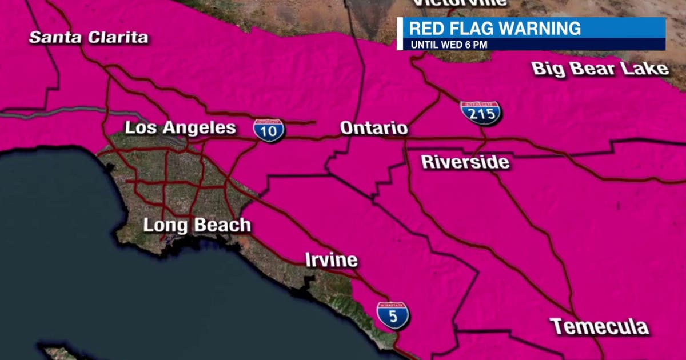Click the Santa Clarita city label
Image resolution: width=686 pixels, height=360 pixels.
tap(89, 38)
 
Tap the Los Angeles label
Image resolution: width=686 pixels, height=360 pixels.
tap(180, 127)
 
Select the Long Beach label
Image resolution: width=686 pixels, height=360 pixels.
tap(197, 225)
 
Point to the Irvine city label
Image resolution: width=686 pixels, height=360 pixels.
tap(331, 261)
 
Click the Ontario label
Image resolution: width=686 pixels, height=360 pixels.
tap(374, 128)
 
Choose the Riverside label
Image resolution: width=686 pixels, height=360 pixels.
tap(465, 162)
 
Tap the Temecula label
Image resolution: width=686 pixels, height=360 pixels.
tap(599, 327)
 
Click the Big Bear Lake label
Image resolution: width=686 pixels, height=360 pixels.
tap(600, 69)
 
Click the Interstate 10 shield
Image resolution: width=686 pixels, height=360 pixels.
tap(269, 130)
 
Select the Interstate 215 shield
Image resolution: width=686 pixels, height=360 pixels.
tap(481, 113)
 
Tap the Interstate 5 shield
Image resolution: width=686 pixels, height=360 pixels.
tap(393, 315)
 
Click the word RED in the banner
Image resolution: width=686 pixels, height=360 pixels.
tap(426, 28)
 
